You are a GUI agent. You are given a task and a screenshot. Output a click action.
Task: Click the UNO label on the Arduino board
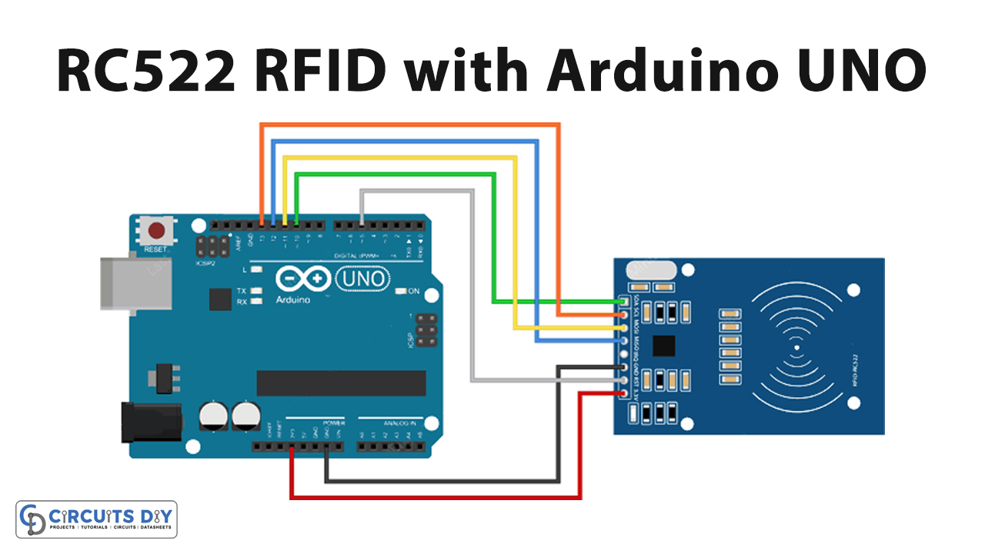point(362,279)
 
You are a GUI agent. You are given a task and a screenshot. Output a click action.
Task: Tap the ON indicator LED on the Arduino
point(401,292)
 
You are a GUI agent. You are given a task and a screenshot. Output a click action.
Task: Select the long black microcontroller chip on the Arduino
point(341,383)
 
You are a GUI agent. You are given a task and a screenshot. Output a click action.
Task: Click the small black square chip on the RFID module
point(663,346)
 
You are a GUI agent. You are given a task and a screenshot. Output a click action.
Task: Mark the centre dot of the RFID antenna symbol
point(796,348)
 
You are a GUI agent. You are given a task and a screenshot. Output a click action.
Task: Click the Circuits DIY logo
point(97,519)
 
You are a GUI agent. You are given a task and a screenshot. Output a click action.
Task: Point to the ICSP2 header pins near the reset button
point(212,247)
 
